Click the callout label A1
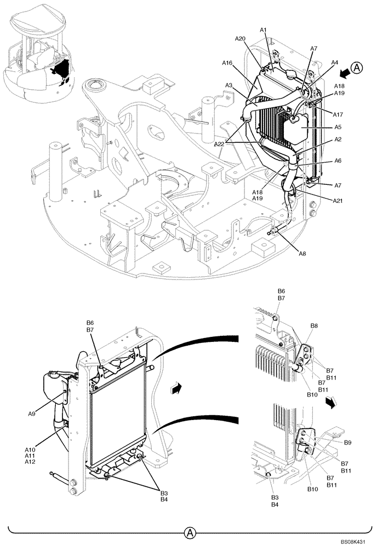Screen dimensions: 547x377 [x=263, y=30]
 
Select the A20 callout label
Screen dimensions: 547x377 [x=240, y=39]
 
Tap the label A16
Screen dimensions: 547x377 [x=228, y=63]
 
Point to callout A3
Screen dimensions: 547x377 [x=230, y=85]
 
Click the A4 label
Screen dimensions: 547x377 [x=334, y=63]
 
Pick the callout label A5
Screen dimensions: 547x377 [x=339, y=127]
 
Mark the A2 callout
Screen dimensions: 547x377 [x=339, y=141]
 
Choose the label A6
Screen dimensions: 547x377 [x=339, y=161]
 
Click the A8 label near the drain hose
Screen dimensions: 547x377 [x=302, y=253]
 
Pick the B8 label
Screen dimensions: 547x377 [x=314, y=325]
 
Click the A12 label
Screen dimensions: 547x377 [x=31, y=462]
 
